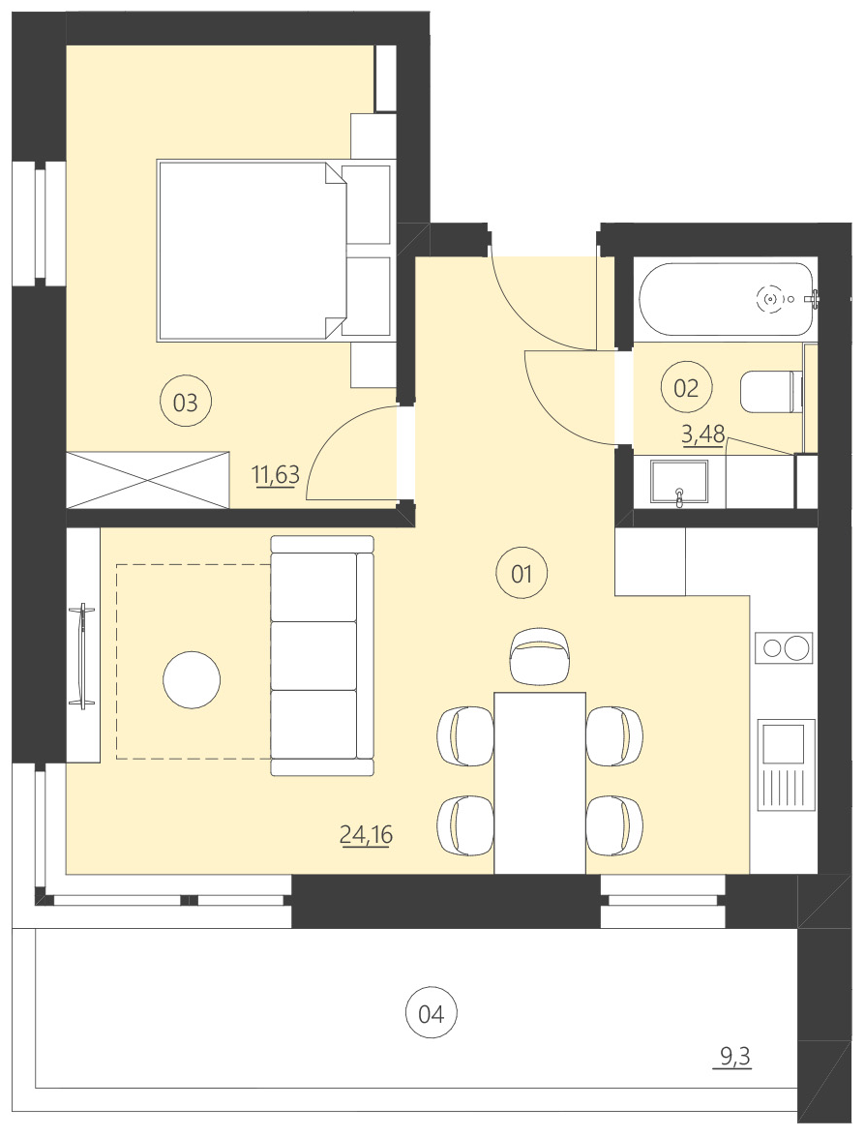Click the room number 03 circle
[x=185, y=402]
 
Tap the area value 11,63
[x=276, y=474]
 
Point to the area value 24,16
[x=366, y=833]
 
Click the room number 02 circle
[x=685, y=388]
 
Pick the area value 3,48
[x=703, y=434]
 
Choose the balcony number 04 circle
[x=431, y=1014]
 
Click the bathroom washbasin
[x=679, y=484]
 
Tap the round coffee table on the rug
[x=192, y=680]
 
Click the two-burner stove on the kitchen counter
[x=784, y=647]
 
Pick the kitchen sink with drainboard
[x=785, y=764]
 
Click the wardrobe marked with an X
[x=147, y=479]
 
